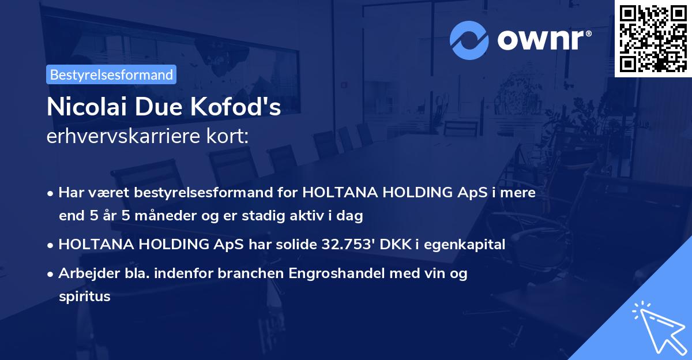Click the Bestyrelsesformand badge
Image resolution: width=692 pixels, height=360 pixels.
point(111,74)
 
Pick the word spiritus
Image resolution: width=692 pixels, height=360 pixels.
point(84,297)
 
